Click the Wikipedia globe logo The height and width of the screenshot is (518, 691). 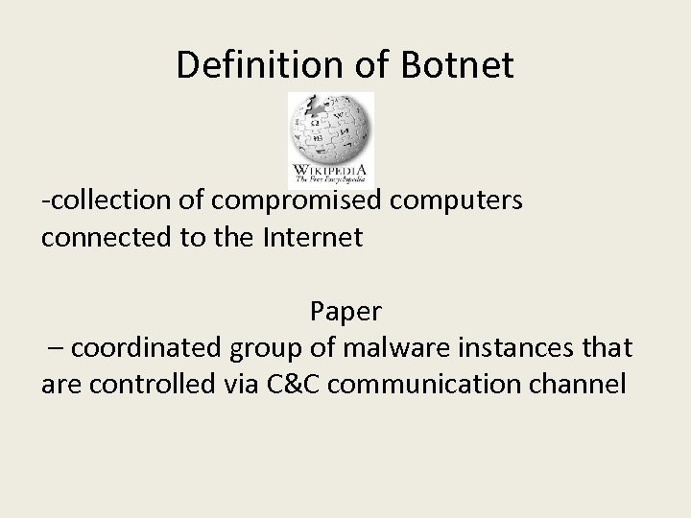click(331, 129)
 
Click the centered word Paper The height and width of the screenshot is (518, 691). click(345, 312)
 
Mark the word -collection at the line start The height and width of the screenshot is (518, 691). click(106, 202)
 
